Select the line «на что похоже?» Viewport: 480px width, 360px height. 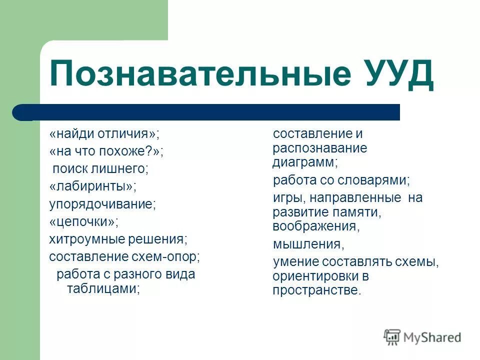coord(106,151)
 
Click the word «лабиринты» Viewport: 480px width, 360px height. coord(92,186)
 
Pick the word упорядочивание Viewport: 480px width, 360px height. coord(102,204)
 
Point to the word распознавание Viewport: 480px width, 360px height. coord(319,148)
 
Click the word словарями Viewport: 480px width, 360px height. coord(378,180)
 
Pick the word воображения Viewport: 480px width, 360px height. coord(316,226)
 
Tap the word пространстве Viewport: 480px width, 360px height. coord(316,290)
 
